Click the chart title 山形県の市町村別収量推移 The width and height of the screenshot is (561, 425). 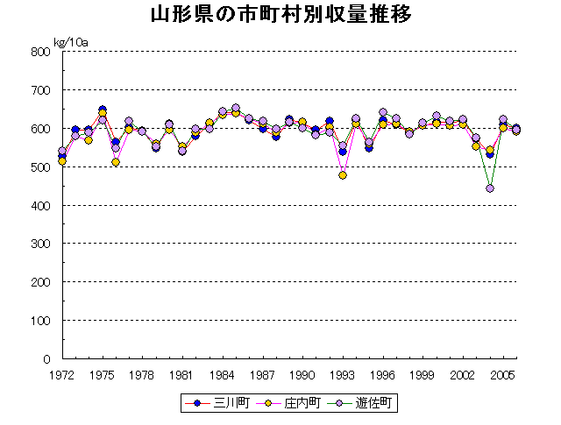pos(280,16)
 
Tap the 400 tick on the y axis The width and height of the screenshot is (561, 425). pos(42,205)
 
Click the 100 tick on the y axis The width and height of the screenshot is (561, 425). pos(42,321)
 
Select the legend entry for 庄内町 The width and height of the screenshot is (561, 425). pos(295,403)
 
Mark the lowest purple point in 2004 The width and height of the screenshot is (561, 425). pos(490,188)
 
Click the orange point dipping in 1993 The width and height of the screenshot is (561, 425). pos(343,175)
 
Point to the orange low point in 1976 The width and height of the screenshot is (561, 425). pos(116,162)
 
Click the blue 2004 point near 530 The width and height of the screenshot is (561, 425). pos(490,154)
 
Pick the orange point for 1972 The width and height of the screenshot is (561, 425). pos(62,161)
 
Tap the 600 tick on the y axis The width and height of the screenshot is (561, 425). pos(42,129)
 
